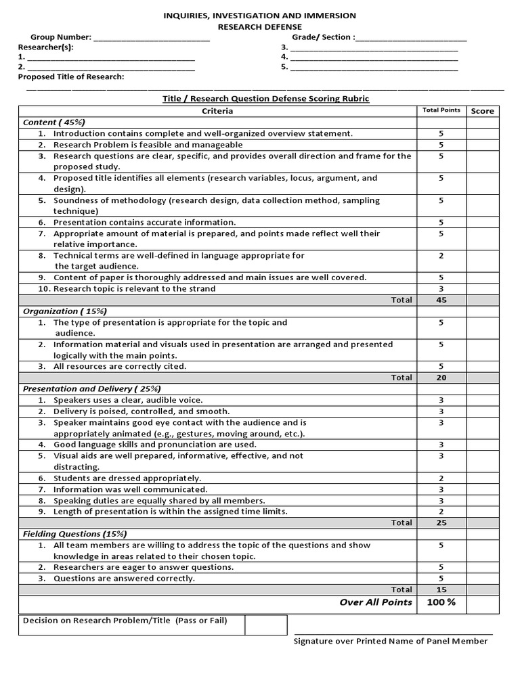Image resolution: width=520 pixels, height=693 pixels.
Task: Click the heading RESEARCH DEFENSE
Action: [x=260, y=26]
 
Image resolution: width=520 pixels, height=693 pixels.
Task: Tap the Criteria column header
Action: [x=217, y=111]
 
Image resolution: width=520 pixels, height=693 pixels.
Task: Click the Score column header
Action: [x=482, y=111]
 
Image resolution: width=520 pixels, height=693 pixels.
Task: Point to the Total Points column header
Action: [x=441, y=110]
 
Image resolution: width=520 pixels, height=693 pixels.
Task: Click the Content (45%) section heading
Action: [x=54, y=122]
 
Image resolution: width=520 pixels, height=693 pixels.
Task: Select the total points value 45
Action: [x=441, y=300]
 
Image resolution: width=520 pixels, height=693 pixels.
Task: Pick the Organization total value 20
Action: [x=441, y=378]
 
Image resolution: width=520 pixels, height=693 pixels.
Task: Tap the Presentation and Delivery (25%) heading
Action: [x=91, y=389]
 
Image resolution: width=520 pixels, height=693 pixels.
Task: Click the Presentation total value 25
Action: [x=441, y=522]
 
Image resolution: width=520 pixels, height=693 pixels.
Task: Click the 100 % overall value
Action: [x=441, y=602]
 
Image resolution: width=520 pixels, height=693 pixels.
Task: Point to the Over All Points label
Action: [x=376, y=602]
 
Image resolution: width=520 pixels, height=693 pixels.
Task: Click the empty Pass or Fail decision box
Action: [x=265, y=625]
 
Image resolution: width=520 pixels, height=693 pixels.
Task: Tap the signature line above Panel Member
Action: [x=393, y=634]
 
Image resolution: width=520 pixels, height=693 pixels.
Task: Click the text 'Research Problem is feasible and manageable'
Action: [x=148, y=145]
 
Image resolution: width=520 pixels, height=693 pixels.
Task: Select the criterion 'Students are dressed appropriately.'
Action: [x=127, y=478]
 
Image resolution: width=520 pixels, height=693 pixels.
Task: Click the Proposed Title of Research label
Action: [x=71, y=77]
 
